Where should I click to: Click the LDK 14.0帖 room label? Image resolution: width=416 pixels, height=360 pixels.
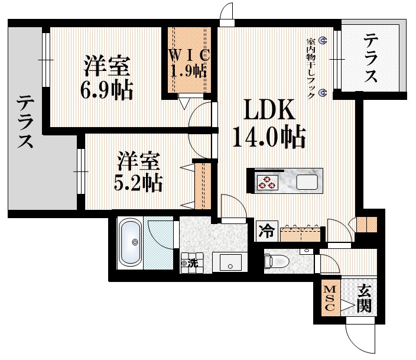pyautogui.click(x=269, y=123)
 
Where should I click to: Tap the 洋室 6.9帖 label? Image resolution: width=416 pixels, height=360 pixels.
pyautogui.click(x=106, y=77)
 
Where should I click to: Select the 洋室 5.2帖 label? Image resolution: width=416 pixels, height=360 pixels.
pyautogui.click(x=138, y=171)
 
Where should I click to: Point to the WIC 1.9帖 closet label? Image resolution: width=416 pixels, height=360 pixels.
pyautogui.click(x=189, y=63)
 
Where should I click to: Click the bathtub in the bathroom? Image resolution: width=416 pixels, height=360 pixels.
pyautogui.click(x=130, y=242)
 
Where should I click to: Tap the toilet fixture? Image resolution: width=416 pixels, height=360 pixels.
pyautogui.click(x=276, y=261)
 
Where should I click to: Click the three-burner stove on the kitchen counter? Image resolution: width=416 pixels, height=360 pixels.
pyautogui.click(x=268, y=183)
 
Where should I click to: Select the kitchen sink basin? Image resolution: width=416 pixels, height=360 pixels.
pyautogui.click(x=307, y=182)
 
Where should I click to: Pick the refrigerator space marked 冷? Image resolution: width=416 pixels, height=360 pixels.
pyautogui.click(x=266, y=232)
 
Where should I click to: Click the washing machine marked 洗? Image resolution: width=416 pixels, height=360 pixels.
pyautogui.click(x=192, y=263)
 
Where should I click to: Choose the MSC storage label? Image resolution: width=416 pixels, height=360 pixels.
pyautogui.click(x=330, y=299)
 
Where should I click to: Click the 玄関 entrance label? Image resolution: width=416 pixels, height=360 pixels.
pyautogui.click(x=363, y=299)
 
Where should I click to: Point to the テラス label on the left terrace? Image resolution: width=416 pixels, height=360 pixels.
pyautogui.click(x=25, y=122)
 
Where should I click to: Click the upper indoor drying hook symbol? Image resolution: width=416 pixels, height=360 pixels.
pyautogui.click(x=323, y=40)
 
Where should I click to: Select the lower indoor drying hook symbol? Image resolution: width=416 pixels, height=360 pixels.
pyautogui.click(x=323, y=93)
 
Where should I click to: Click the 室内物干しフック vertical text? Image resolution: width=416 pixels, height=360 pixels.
pyautogui.click(x=310, y=69)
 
